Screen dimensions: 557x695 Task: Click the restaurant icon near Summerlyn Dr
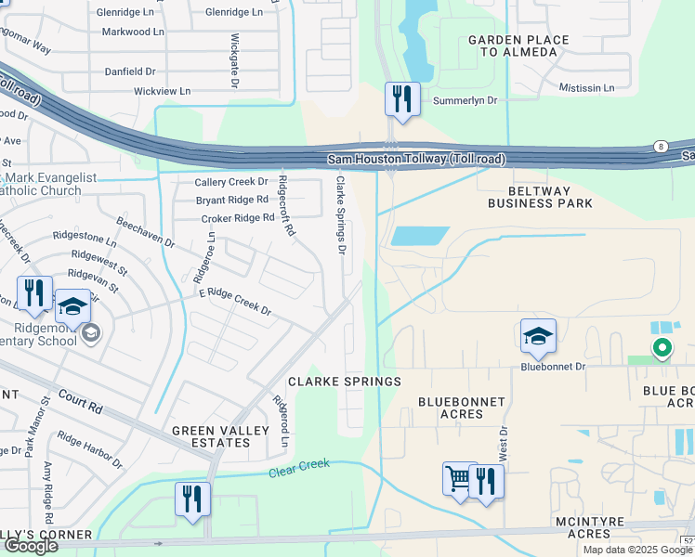(402, 99)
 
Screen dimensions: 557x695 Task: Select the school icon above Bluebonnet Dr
(538, 337)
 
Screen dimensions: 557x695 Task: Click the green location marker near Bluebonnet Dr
(662, 348)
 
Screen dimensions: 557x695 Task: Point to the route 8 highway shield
(660, 146)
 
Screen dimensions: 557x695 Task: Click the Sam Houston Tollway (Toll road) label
(416, 160)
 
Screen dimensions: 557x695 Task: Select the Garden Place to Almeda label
(512, 46)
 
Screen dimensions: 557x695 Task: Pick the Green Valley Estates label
(211, 436)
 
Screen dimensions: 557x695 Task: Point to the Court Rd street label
(81, 403)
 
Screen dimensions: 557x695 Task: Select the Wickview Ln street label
(162, 91)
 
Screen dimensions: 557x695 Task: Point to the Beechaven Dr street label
(145, 233)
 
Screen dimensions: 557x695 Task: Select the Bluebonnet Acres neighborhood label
(461, 408)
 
